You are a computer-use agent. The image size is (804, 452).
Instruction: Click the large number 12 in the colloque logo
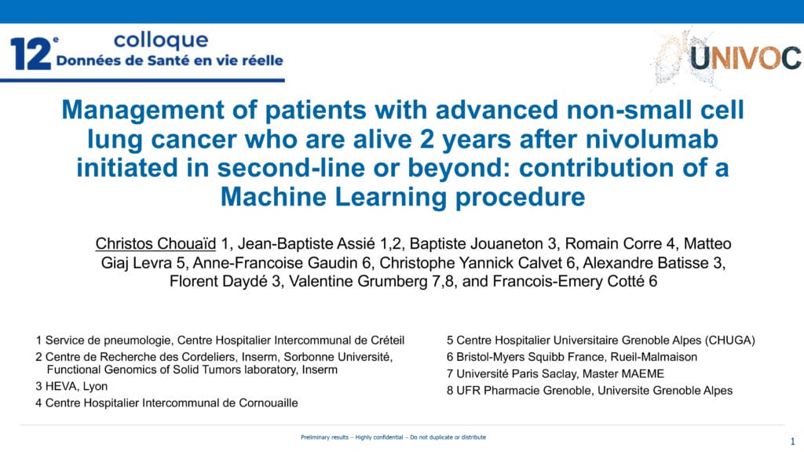(31, 54)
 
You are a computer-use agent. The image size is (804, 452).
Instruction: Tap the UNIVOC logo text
(745, 58)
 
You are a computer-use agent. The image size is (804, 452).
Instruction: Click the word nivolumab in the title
(652, 139)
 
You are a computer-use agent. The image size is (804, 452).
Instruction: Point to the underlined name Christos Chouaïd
(155, 243)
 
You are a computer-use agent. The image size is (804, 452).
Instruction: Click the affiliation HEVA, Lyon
(76, 386)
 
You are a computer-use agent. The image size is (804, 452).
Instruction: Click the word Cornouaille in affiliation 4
(269, 403)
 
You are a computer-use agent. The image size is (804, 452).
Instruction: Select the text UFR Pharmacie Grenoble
(524, 391)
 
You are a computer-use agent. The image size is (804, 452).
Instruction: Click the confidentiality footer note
(393, 437)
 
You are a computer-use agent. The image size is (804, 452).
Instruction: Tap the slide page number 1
(793, 441)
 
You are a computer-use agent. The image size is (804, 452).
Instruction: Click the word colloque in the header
(161, 40)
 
